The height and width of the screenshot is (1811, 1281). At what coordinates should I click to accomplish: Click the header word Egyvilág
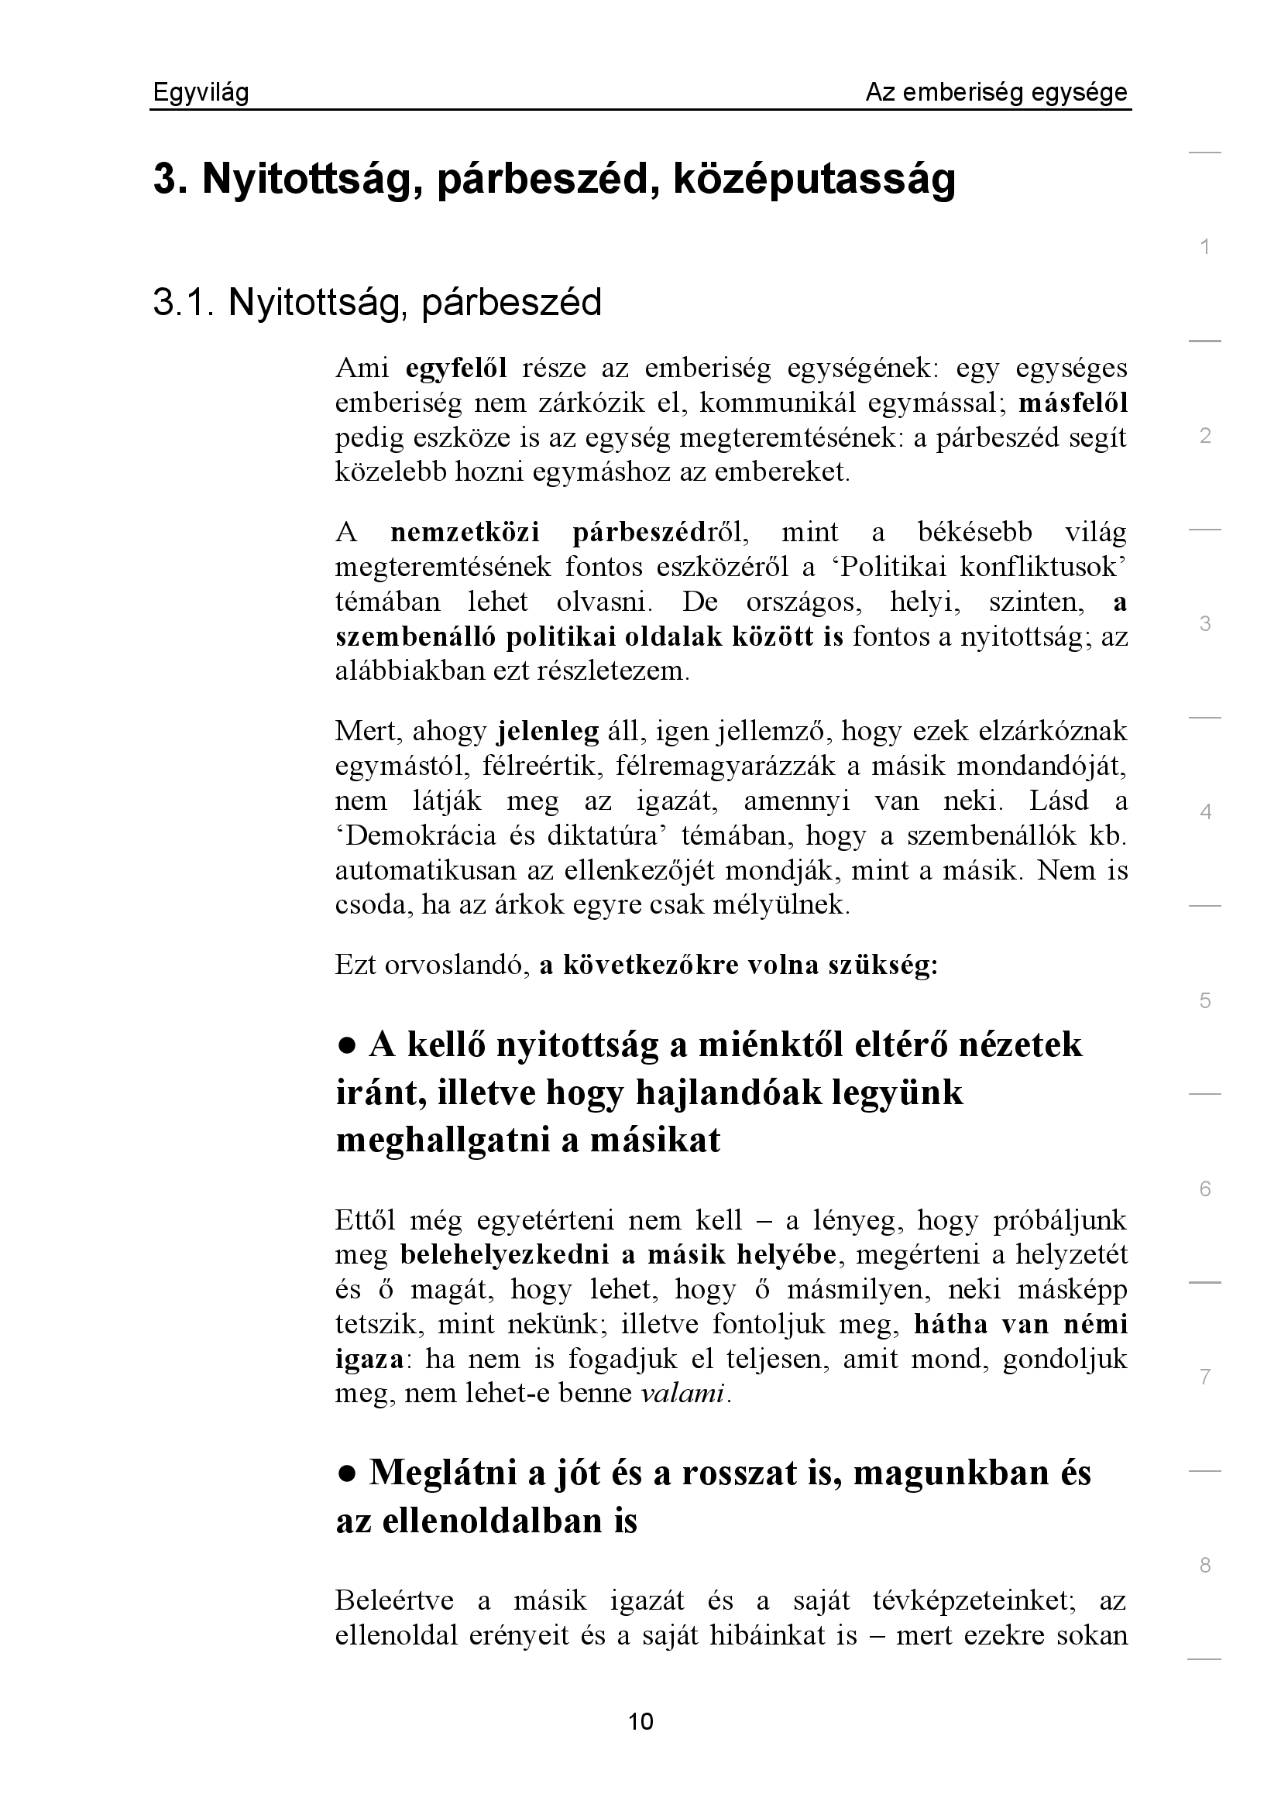[201, 93]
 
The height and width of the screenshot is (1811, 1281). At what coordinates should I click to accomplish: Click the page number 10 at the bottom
[640, 1721]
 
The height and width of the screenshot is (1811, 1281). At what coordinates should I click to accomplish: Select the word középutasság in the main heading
[814, 179]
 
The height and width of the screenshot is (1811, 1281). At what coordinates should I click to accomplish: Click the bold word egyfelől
[456, 369]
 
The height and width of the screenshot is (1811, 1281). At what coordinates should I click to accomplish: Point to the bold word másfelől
[1073, 403]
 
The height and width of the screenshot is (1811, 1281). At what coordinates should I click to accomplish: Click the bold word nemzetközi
[465, 533]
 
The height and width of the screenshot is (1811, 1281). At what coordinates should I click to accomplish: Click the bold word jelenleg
[548, 731]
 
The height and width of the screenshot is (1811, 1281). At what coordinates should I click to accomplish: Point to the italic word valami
[682, 1394]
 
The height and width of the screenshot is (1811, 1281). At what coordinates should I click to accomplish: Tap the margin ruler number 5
[1204, 1001]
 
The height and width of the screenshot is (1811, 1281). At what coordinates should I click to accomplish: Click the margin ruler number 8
[1204, 1566]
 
